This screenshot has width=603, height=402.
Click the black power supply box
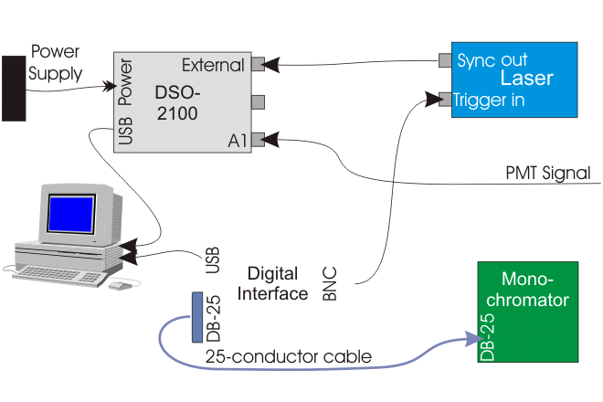13,88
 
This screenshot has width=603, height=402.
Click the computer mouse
120,285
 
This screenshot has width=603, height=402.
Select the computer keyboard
59,273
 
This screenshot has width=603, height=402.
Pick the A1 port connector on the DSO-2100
258,140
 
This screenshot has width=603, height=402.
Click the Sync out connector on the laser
445,59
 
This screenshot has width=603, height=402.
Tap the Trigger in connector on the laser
445,98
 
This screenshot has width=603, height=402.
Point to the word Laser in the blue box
526,79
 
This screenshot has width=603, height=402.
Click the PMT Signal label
548,173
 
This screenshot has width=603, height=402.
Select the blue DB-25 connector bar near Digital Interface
196,317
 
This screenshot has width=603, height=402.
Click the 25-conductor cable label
289,356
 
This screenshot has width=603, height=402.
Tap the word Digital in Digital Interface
272,274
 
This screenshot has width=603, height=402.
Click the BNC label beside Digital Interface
330,284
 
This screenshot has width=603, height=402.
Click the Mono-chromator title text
534,289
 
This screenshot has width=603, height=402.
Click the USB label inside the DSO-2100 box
126,131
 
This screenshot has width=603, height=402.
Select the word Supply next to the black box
57,73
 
